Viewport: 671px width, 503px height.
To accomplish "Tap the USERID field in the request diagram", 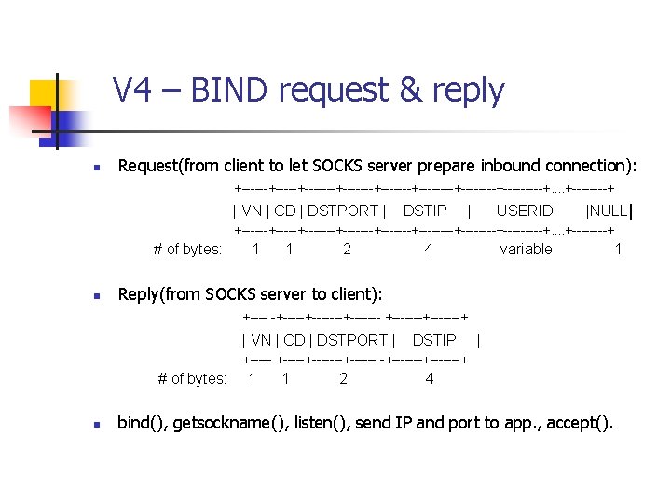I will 524,211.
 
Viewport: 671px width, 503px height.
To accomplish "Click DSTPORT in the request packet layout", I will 343,211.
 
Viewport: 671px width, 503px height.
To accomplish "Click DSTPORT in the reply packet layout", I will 352,341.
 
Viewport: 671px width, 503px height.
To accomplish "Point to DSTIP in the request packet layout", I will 425,211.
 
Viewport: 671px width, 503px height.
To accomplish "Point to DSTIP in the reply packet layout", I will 434,341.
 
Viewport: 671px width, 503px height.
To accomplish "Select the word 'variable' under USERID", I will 526,249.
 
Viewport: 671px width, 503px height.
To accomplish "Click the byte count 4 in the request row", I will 428,249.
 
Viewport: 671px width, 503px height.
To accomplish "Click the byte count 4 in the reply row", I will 429,378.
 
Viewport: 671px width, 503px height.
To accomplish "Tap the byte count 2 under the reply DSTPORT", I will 344,378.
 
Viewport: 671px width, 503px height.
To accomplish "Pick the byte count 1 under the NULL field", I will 618,249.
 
